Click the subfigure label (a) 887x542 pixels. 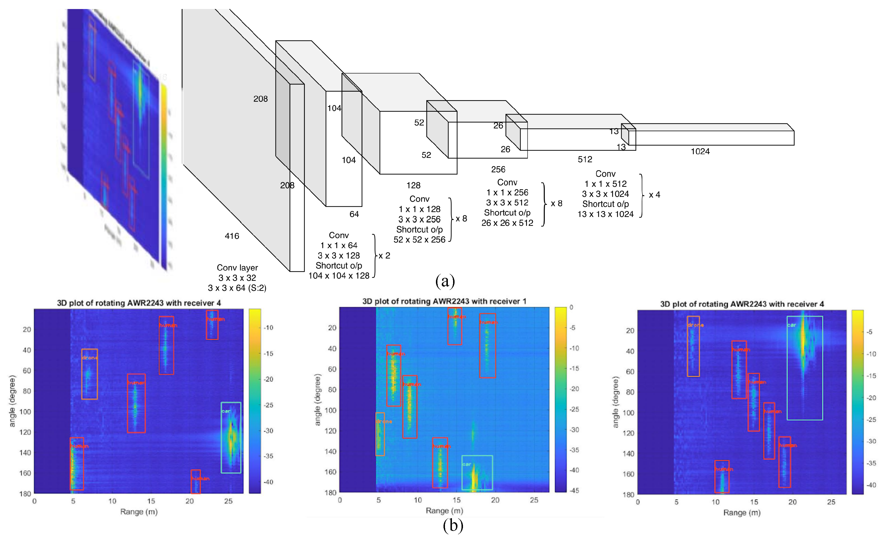[x=445, y=281]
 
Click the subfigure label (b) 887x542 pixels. [x=453, y=525]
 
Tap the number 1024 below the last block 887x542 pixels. [x=700, y=151]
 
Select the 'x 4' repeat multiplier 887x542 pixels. [x=654, y=195]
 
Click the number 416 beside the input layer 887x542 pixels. [x=232, y=236]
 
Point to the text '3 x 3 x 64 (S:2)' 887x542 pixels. [x=237, y=288]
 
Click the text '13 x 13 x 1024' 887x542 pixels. [x=605, y=214]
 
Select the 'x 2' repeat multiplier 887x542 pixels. [x=384, y=255]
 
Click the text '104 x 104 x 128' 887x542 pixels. [x=339, y=276]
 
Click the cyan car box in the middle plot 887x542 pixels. [x=477, y=472]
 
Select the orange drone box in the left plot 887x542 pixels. [x=89, y=374]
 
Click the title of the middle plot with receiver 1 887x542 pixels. [x=444, y=301]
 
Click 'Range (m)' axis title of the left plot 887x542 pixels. [x=139, y=512]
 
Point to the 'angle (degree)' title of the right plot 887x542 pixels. [x=615, y=402]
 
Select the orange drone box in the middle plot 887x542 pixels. [x=380, y=434]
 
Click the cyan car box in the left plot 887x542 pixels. [x=231, y=438]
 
